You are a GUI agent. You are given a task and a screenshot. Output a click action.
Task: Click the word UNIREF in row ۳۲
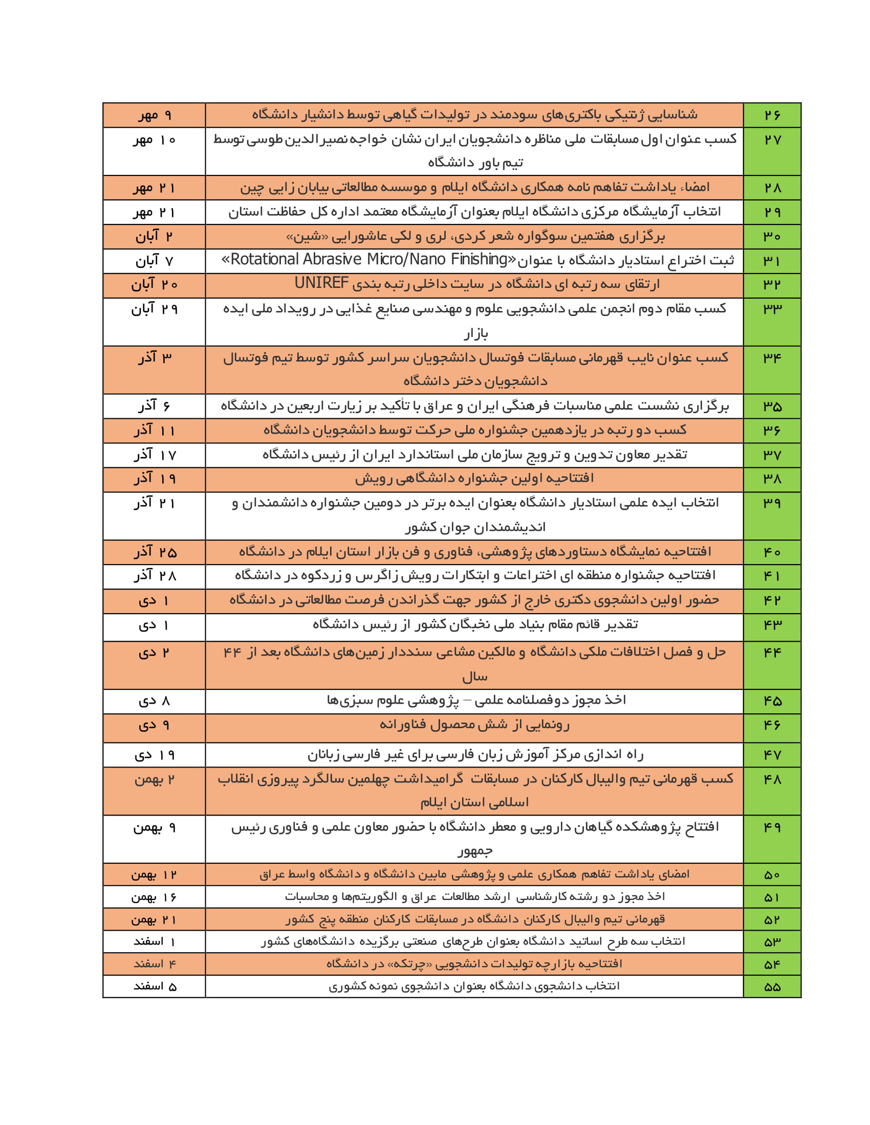[x=321, y=283]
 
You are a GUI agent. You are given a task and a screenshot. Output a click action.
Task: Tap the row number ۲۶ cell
[x=772, y=115]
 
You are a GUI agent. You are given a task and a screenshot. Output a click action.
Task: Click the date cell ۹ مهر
[x=154, y=115]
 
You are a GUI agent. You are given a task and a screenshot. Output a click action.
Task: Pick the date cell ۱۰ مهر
[x=154, y=140]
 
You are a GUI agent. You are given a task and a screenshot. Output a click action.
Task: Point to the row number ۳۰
[x=772, y=236]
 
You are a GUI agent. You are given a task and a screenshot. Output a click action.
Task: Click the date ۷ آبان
[x=154, y=261]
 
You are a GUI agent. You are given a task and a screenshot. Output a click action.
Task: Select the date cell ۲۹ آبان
[x=154, y=309]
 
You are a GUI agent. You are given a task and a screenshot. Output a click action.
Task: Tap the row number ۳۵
[x=772, y=407]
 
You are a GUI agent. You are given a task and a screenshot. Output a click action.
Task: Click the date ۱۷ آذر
[x=154, y=455]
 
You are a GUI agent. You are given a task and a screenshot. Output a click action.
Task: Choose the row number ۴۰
[x=772, y=552]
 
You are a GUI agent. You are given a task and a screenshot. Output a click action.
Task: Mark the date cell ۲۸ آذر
[x=154, y=576]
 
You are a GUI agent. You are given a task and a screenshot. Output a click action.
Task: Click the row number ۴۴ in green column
[x=772, y=652]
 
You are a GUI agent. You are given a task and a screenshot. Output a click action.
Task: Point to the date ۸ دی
[x=154, y=701]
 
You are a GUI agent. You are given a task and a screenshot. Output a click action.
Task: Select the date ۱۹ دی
[x=154, y=755]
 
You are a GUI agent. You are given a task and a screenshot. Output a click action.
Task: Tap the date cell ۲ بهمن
[x=154, y=780]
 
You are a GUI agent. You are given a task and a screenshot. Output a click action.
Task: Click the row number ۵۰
[x=772, y=875]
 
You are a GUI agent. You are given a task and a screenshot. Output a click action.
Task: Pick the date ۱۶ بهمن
[x=154, y=897]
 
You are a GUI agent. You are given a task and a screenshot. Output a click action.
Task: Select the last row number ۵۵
[x=772, y=987]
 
